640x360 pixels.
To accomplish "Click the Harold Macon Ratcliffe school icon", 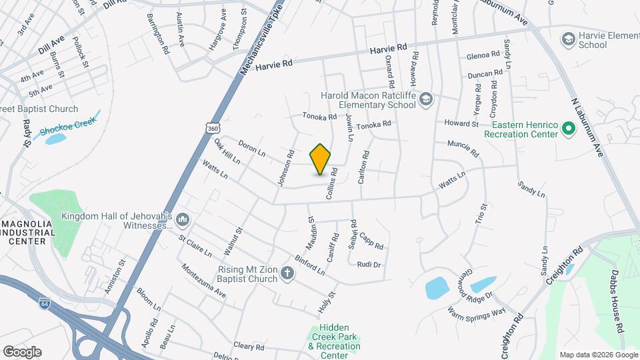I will coord(427,100).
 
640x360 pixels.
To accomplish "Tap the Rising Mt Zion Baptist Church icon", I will coord(287,273).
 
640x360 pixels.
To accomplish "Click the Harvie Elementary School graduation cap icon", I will coord(568,40).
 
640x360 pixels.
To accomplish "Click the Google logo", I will coord(22,351).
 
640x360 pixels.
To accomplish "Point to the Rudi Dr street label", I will coord(369,265).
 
